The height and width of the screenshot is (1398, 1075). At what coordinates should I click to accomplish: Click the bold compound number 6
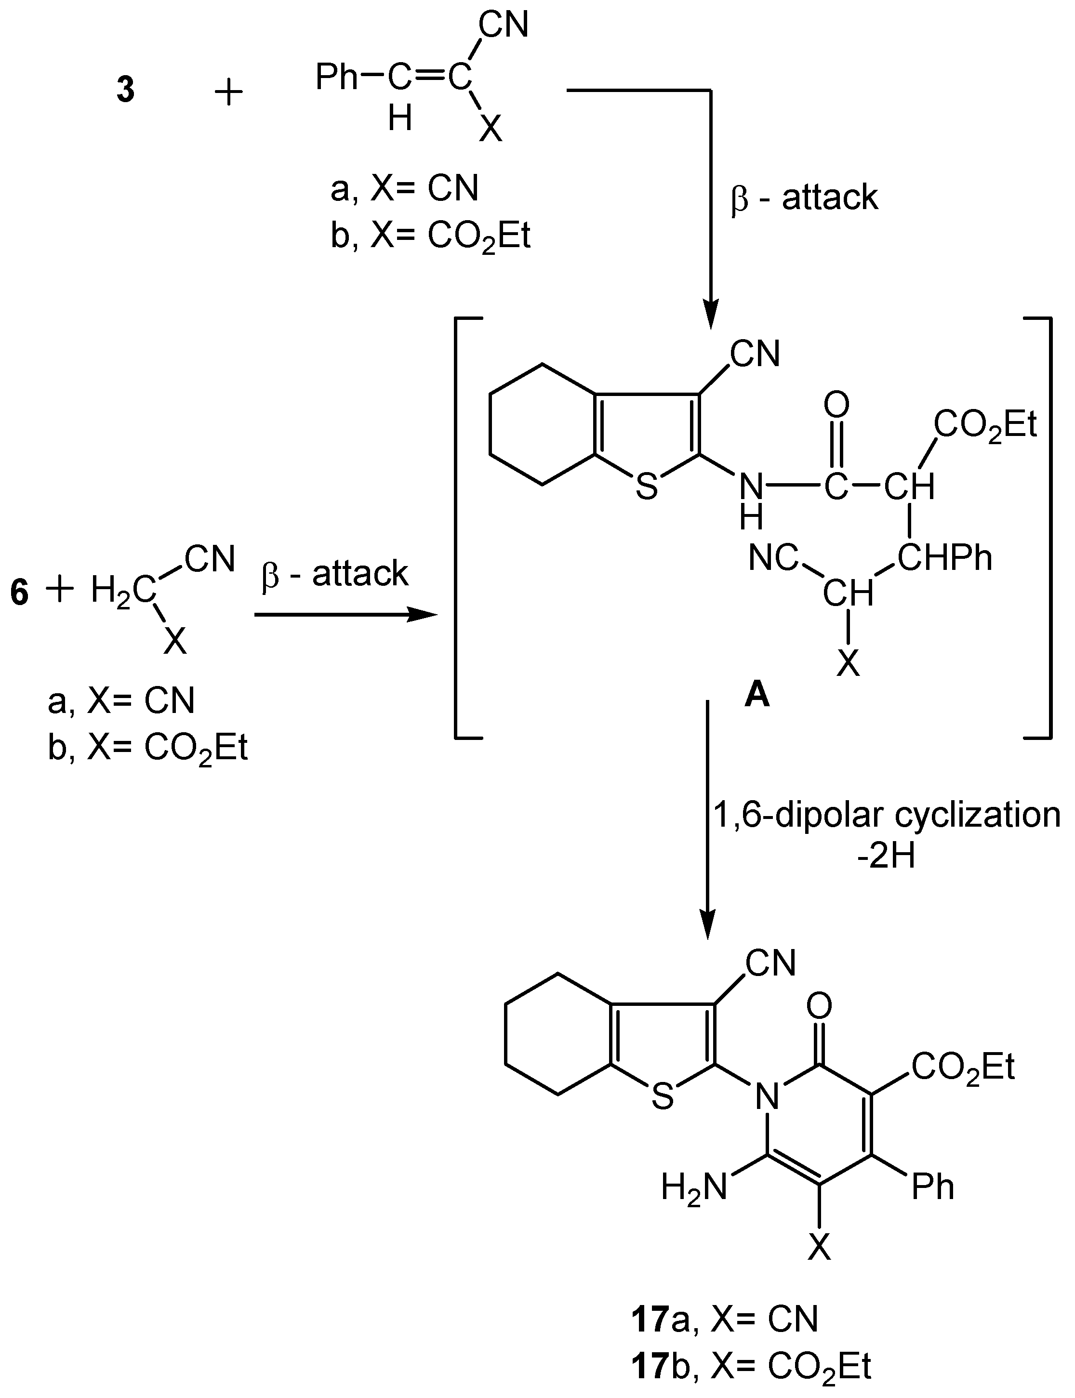tap(20, 593)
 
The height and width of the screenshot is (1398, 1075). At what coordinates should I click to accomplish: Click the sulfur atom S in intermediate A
tap(647, 488)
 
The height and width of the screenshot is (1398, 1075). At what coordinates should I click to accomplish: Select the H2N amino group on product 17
tap(694, 1188)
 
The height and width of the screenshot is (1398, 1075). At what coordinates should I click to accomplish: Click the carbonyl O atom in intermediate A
tap(836, 405)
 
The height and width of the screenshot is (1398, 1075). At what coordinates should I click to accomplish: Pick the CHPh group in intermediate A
tap(944, 557)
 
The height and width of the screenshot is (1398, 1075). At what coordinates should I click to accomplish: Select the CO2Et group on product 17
tap(963, 1067)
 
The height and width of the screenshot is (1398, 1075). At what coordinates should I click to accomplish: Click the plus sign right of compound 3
tap(228, 93)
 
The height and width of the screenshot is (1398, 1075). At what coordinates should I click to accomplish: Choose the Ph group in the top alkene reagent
tap(337, 78)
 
